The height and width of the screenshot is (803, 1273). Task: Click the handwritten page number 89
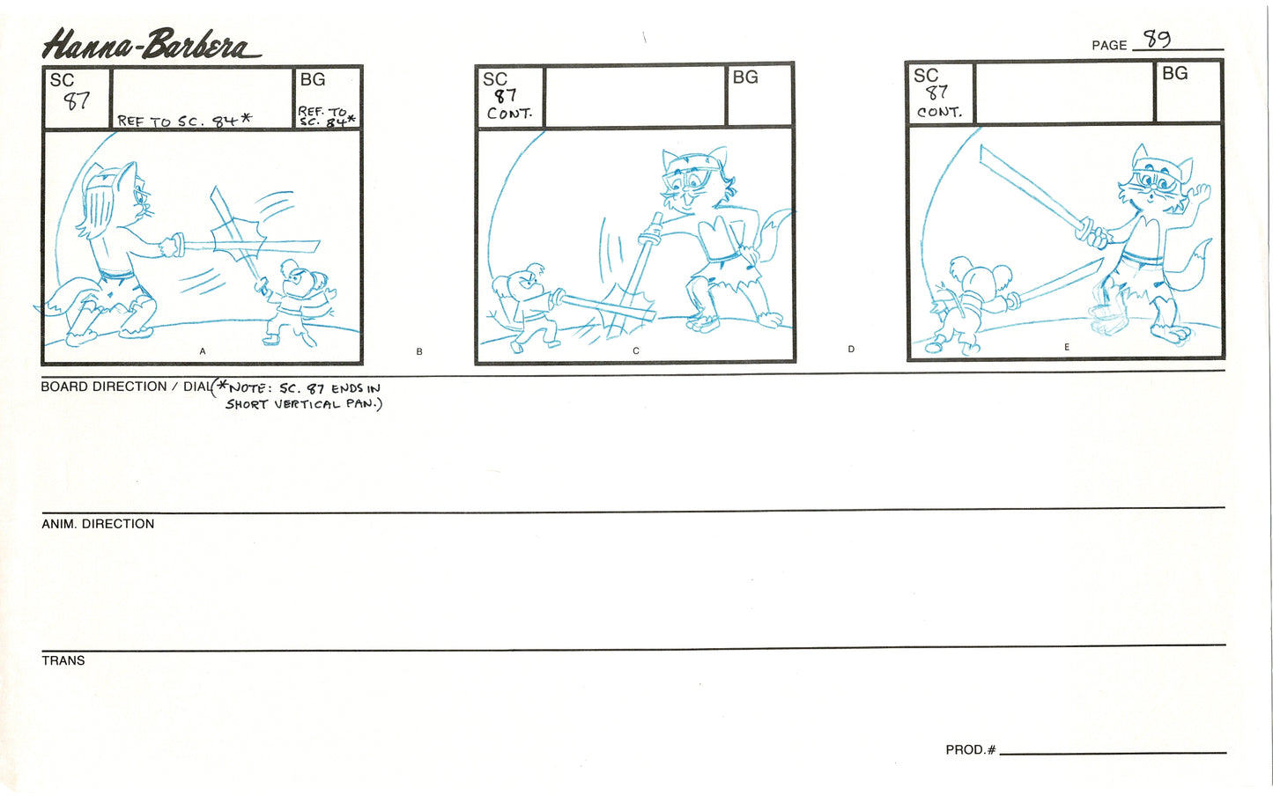(1156, 40)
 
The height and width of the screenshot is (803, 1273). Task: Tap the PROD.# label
(970, 750)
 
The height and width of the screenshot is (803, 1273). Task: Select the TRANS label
(63, 660)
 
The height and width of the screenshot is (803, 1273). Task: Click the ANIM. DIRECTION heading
(98, 524)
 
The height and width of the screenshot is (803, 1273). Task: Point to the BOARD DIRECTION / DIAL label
(126, 387)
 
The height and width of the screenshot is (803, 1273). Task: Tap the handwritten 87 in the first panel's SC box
(77, 101)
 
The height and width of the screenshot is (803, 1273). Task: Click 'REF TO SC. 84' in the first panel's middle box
(184, 121)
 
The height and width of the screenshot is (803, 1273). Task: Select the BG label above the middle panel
(744, 77)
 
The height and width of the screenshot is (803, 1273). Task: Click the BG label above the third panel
(1174, 74)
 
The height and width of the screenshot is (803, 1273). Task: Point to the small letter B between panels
(419, 352)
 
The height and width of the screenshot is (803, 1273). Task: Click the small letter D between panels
(851, 350)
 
